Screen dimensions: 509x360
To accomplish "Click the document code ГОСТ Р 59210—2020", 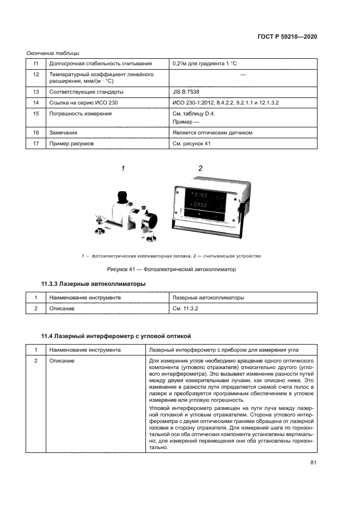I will [x=287, y=36].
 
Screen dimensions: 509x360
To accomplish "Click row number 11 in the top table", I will [x=36, y=64].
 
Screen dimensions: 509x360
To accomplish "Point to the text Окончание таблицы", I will [x=53, y=53].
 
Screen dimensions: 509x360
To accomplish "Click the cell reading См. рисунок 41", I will [x=191, y=144].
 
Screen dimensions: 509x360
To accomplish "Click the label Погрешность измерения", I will [x=80, y=113].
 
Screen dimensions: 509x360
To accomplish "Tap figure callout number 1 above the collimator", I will [x=123, y=169].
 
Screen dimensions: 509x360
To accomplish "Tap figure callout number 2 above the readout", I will [x=200, y=169].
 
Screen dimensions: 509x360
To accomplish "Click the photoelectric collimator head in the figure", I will [x=128, y=214].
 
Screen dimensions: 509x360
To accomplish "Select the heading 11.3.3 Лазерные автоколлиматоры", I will [x=93, y=284].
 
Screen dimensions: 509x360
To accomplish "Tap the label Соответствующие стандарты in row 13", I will [x=86, y=92].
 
